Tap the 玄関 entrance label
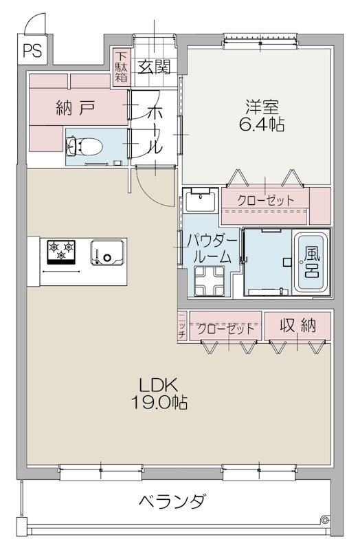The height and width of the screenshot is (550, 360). pyautogui.click(x=154, y=67)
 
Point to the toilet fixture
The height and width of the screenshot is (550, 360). pyautogui.click(x=84, y=146)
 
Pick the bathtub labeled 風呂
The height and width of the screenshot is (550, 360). pyautogui.click(x=313, y=261)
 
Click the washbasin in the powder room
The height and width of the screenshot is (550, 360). pyautogui.click(x=201, y=202)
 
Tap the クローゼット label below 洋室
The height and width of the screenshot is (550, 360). pyautogui.click(x=265, y=200)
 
